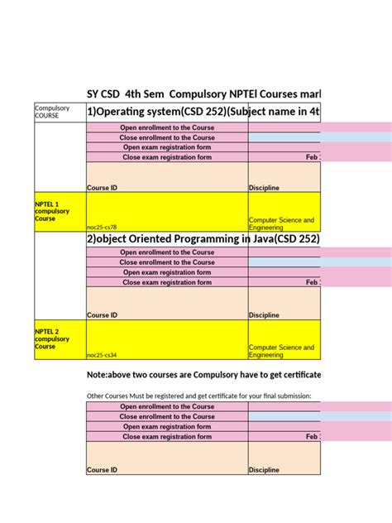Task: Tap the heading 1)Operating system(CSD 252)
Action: (x=203, y=113)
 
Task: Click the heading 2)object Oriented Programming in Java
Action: (x=203, y=239)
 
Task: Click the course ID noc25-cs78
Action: (x=102, y=227)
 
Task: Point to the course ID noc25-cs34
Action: (x=102, y=355)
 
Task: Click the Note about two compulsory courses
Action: (x=203, y=376)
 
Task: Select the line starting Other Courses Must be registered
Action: (x=198, y=396)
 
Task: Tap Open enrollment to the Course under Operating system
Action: (x=167, y=127)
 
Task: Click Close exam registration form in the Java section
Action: (x=167, y=282)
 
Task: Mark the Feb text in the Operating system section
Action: (x=312, y=156)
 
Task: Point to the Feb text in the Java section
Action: (x=312, y=282)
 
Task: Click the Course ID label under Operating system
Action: (x=102, y=188)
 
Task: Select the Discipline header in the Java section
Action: (x=264, y=315)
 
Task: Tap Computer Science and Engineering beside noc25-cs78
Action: (x=281, y=223)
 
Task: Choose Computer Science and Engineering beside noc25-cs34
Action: (x=281, y=351)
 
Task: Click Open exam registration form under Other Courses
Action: (x=167, y=427)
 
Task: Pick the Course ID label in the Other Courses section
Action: (x=102, y=470)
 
